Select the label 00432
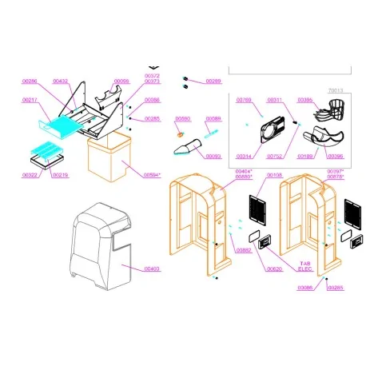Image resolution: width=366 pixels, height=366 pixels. pos(61,82)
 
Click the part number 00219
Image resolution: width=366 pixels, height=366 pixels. pos(61,174)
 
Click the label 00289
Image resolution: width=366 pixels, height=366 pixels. pos(213,82)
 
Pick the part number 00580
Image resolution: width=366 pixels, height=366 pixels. pos(183,118)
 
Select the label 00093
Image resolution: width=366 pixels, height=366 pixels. pos(213,156)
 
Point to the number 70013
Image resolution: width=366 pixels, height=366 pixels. pos(334,91)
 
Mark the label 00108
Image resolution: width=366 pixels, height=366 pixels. pos(274,174)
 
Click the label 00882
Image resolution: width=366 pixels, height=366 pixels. pos(244,250)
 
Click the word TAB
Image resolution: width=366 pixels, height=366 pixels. pos(304,263)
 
